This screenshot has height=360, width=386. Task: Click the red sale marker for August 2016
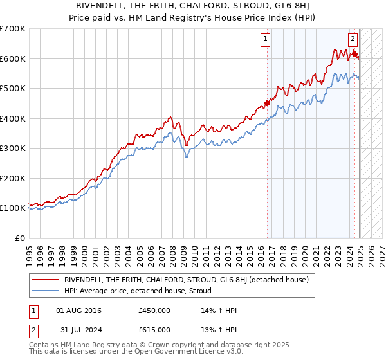pos(267,103)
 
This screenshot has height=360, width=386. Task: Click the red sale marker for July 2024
pos(354,53)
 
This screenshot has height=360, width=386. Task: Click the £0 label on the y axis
pos(21,238)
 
